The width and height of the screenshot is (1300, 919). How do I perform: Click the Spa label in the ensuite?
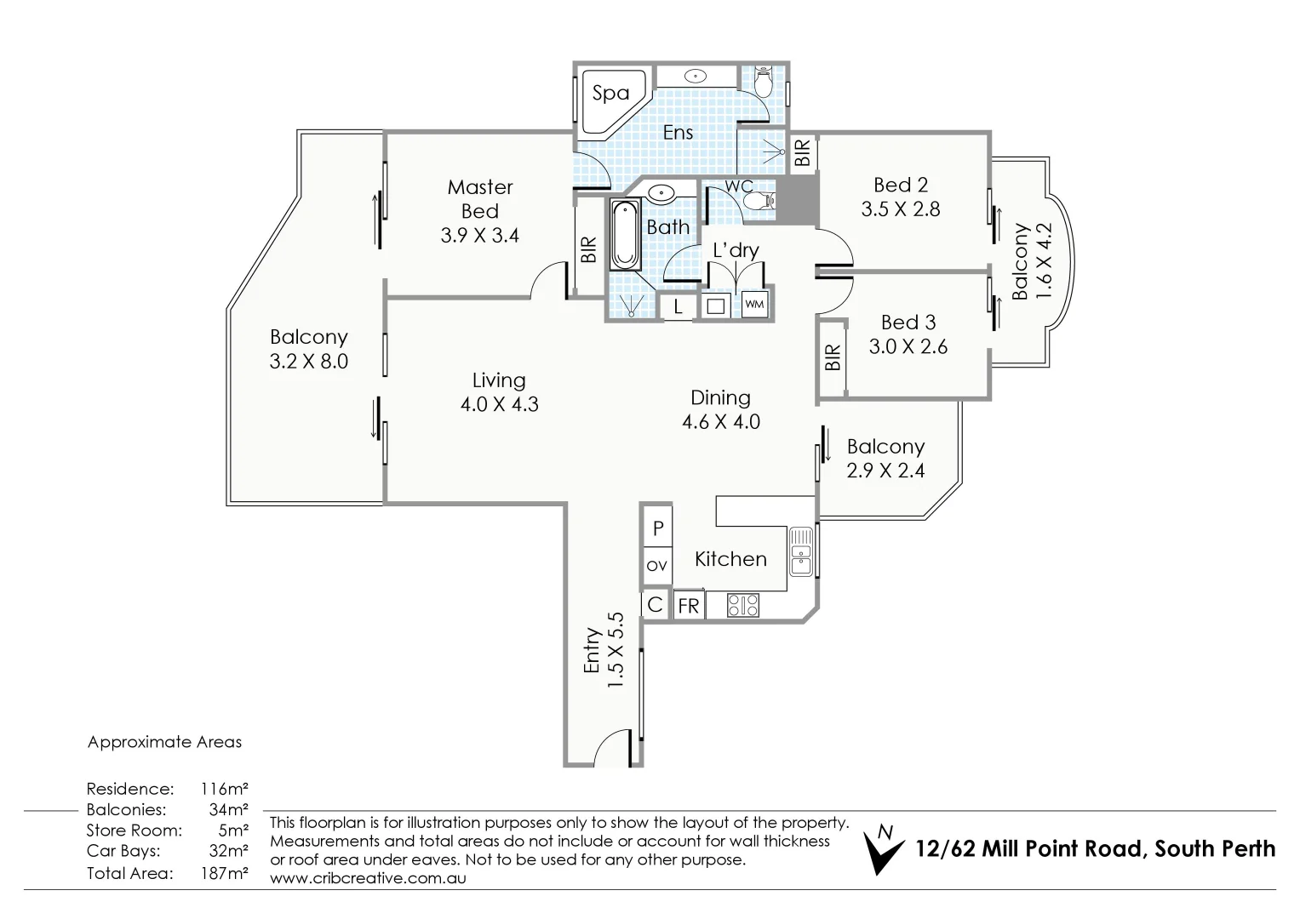[610, 94]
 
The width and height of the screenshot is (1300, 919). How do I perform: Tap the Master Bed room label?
[480, 199]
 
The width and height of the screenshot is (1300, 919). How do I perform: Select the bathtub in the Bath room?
[625, 234]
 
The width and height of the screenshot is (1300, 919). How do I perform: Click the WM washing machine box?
[754, 304]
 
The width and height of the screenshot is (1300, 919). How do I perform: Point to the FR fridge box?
[689, 606]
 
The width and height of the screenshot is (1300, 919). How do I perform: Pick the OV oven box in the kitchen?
[657, 566]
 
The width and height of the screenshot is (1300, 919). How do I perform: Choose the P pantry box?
[657, 528]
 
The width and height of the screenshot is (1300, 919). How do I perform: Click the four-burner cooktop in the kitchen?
[743, 604]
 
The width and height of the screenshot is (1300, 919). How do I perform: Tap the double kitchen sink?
[801, 551]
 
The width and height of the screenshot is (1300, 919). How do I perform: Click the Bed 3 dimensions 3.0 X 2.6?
[908, 346]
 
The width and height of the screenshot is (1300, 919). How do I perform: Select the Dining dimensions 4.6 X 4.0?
[721, 422]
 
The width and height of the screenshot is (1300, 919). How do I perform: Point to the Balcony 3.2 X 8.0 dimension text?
[309, 362]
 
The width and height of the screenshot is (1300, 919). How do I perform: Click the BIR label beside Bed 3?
[833, 357]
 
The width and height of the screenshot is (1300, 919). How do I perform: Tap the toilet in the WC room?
[759, 202]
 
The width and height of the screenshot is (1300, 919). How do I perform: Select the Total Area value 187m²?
[225, 873]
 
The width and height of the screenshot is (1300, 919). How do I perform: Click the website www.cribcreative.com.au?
[368, 878]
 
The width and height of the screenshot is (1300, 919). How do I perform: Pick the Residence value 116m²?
[225, 789]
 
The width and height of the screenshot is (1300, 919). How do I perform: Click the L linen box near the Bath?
[678, 306]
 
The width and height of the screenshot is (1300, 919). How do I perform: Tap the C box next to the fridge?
[656, 604]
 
